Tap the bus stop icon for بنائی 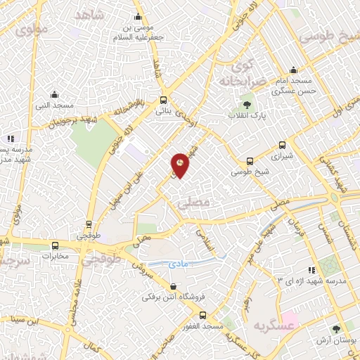pos(163,100)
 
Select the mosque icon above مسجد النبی pos(54,95)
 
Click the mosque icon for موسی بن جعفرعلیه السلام pos(139,16)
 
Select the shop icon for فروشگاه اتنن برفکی pos(174,286)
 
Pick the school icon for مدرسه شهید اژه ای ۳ pos(311,270)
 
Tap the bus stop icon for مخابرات pos(55,245)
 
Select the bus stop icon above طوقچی pos(88,224)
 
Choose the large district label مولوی pos(32,30)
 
